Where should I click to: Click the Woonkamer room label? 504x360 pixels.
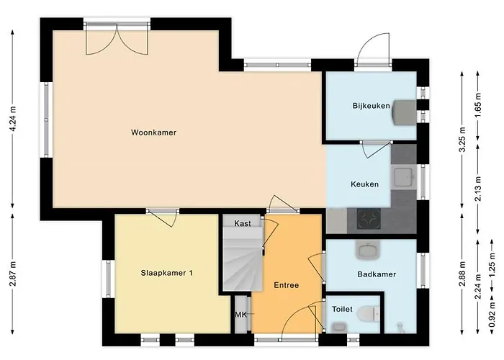click(x=154, y=132)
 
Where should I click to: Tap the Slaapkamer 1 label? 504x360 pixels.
click(x=166, y=273)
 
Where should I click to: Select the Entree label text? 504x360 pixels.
click(x=286, y=285)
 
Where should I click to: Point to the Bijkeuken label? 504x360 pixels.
click(x=371, y=106)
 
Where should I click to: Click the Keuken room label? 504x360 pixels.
click(x=364, y=184)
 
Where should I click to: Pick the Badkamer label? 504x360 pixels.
click(x=376, y=274)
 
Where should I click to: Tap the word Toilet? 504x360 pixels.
click(x=342, y=309)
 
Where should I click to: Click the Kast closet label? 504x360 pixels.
click(x=243, y=224)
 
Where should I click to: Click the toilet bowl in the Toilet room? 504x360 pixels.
click(x=369, y=314)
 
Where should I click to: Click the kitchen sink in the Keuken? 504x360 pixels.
click(x=404, y=176)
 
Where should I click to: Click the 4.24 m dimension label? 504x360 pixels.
click(x=13, y=120)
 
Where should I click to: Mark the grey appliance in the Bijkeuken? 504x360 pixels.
click(x=405, y=112)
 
